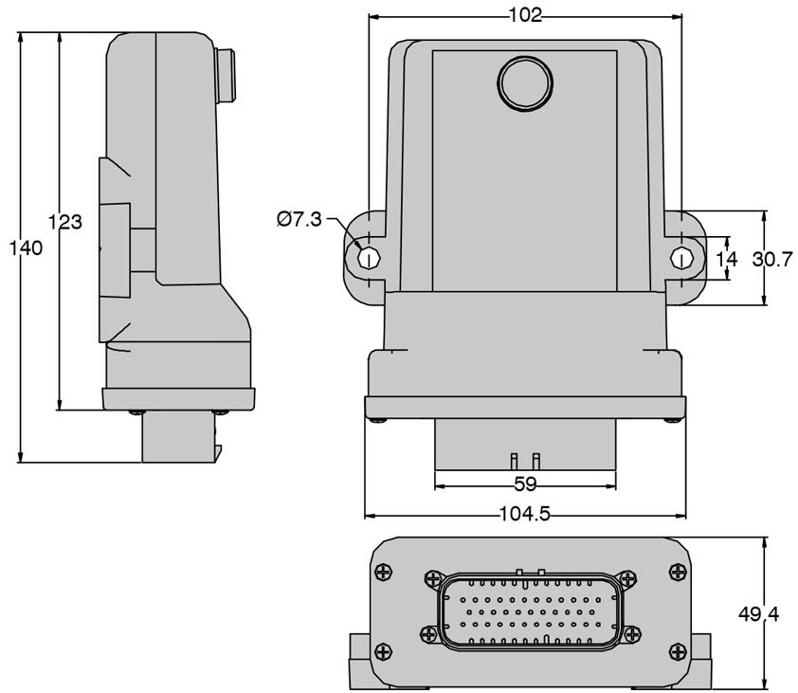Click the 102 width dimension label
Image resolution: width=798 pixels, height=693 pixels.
(x=525, y=15)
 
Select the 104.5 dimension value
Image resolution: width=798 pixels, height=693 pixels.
(x=525, y=514)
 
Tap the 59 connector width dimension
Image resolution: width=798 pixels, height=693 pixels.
(x=525, y=484)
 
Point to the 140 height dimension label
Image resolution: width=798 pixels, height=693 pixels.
(x=27, y=248)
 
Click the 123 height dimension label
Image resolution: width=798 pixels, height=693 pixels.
(x=65, y=222)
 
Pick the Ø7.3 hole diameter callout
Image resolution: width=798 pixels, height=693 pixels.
(x=299, y=219)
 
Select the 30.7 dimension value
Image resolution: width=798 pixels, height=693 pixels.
(x=773, y=260)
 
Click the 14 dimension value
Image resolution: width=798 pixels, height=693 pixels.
(x=727, y=260)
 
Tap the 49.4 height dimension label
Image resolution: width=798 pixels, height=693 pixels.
(x=758, y=614)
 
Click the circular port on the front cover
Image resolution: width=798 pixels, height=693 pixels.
(x=525, y=83)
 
